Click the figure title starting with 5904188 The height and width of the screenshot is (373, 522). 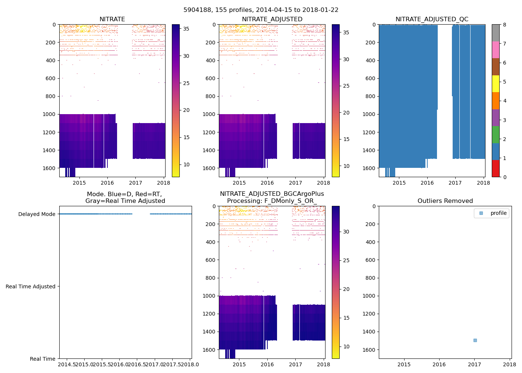(261, 10)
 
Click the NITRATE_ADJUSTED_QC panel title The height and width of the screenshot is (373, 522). (432, 19)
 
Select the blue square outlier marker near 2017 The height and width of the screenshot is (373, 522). (475, 340)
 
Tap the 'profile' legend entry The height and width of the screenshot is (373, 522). (498, 213)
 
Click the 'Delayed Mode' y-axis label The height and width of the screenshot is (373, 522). (37, 214)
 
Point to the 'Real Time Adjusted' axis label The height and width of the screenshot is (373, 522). (30, 286)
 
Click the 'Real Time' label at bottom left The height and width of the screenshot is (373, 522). (43, 359)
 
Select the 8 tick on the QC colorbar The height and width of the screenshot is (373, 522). (504, 25)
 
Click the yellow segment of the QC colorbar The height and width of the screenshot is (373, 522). (496, 84)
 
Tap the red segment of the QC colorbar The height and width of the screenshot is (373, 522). (496, 168)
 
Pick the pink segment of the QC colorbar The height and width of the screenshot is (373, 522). (496, 50)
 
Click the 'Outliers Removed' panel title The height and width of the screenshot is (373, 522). (445, 201)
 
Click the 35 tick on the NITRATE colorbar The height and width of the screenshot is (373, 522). (186, 29)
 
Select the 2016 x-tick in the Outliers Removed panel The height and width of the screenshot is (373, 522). (439, 364)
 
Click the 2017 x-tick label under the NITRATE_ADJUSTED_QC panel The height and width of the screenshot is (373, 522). (455, 183)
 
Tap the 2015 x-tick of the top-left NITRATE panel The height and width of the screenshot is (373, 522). (79, 183)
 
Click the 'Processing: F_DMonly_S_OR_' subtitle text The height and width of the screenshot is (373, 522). (272, 201)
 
